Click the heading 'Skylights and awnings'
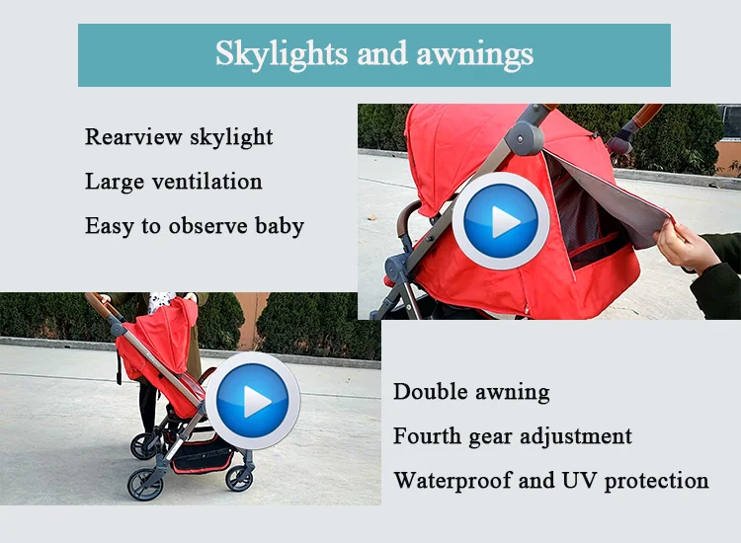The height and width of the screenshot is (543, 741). tap(374, 53)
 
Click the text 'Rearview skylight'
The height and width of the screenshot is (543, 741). tap(179, 136)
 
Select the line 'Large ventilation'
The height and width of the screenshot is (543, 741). tap(174, 182)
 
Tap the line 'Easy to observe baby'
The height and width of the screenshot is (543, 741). tap(195, 226)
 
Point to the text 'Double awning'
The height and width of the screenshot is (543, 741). tap(471, 391)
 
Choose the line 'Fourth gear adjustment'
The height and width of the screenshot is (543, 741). tap(513, 436)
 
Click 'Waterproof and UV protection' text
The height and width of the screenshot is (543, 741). tap(550, 481)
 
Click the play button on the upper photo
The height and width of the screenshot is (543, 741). tap(501, 221)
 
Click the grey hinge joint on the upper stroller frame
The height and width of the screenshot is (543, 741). tap(526, 137)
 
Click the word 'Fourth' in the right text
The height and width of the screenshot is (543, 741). tap(428, 436)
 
